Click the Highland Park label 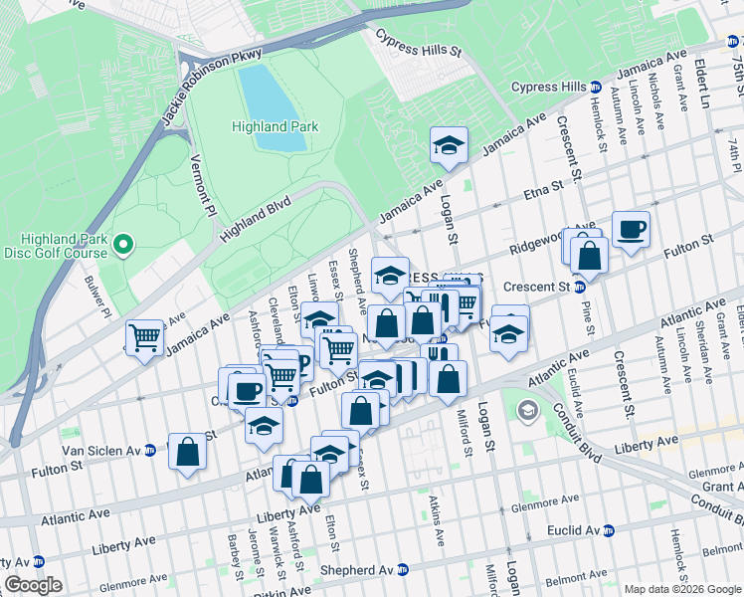pyautogui.click(x=275, y=126)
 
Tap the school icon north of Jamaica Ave pyautogui.click(x=449, y=145)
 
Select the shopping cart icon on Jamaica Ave pyautogui.click(x=144, y=337)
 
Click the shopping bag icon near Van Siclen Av pyautogui.click(x=187, y=452)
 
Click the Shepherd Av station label pyautogui.click(x=359, y=570)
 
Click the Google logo pyautogui.click(x=33, y=584)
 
